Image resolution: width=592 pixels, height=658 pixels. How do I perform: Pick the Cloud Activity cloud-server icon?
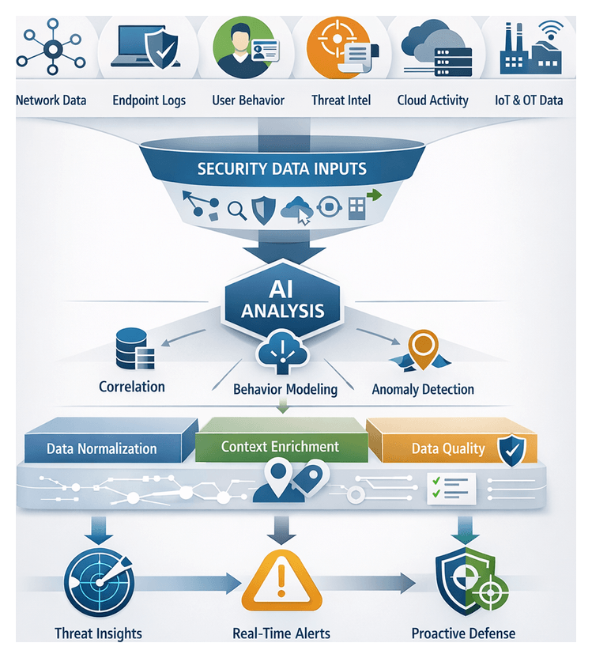tap(436, 47)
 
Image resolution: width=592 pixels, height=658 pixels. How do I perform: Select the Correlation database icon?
tap(132, 351)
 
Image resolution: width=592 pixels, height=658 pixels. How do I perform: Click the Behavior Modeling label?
tap(285, 389)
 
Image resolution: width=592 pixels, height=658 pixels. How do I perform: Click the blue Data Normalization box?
tap(103, 448)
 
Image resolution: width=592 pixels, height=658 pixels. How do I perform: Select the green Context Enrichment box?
tap(280, 446)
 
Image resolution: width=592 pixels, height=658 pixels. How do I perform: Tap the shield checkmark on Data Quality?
tap(510, 450)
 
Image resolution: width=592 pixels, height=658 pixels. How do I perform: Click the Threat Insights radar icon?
tap(99, 584)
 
